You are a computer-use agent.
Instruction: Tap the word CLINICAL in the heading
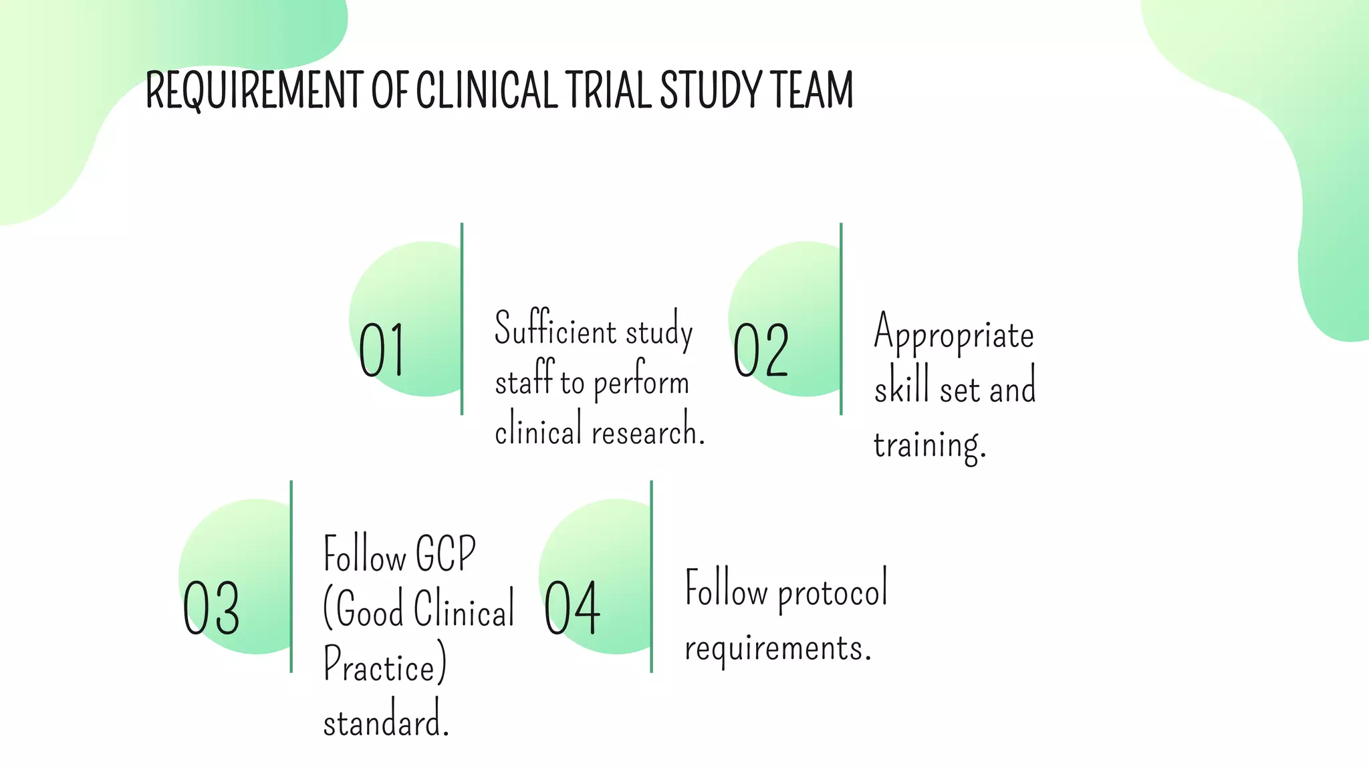487,90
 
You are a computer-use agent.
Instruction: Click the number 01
381,350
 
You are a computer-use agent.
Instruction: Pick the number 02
761,350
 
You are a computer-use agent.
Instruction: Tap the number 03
211,608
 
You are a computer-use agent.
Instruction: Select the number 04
572,608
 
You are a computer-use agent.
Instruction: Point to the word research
648,432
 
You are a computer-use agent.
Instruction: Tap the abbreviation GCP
445,554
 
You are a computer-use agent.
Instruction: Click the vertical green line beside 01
462,319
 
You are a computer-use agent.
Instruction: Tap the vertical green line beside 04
651,576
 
